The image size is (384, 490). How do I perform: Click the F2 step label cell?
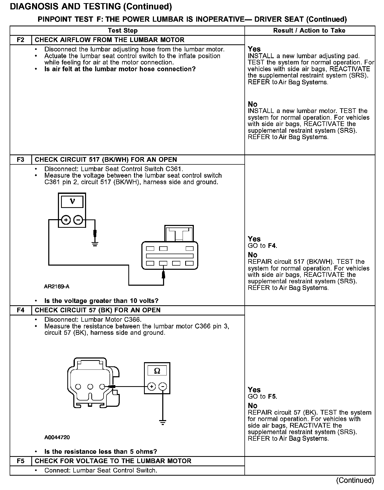[x=21, y=40]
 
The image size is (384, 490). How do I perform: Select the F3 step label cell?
[x=21, y=159]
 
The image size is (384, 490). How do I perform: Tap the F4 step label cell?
[x=21, y=310]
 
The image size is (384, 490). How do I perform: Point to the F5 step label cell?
[x=21, y=461]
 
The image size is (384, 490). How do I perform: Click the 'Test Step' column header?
[x=123, y=31]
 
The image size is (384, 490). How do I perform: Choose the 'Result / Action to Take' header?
[x=309, y=31]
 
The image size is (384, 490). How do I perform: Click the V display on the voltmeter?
[x=72, y=202]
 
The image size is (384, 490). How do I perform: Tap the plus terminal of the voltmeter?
[x=66, y=220]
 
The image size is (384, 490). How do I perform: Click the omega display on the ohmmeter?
[x=157, y=371]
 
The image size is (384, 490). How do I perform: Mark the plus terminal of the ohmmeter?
[x=152, y=386]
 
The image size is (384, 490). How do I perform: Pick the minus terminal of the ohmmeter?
[x=163, y=386]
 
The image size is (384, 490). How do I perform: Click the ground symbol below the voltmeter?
[x=95, y=244]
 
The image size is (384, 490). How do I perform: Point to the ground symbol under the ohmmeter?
[x=163, y=422]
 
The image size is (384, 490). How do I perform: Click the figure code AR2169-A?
[x=57, y=286]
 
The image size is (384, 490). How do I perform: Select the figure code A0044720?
[x=57, y=437]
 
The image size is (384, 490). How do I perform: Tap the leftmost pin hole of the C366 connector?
[x=78, y=387]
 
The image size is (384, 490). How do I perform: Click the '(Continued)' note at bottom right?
[x=355, y=480]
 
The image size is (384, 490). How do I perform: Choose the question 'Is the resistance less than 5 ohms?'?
[x=101, y=452]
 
